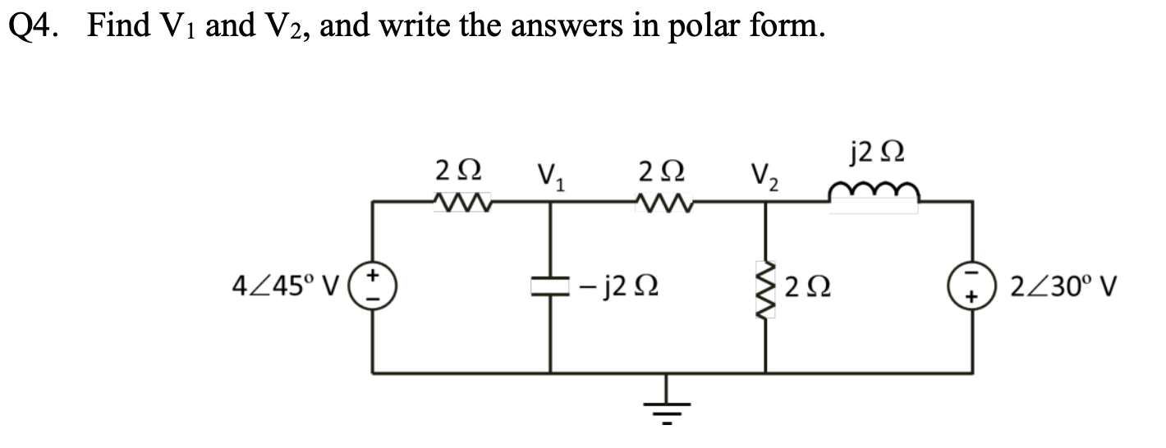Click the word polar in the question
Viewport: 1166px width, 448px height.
708,28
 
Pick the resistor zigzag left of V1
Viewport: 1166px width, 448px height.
461,199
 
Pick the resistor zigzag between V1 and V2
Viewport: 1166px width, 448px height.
665,199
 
